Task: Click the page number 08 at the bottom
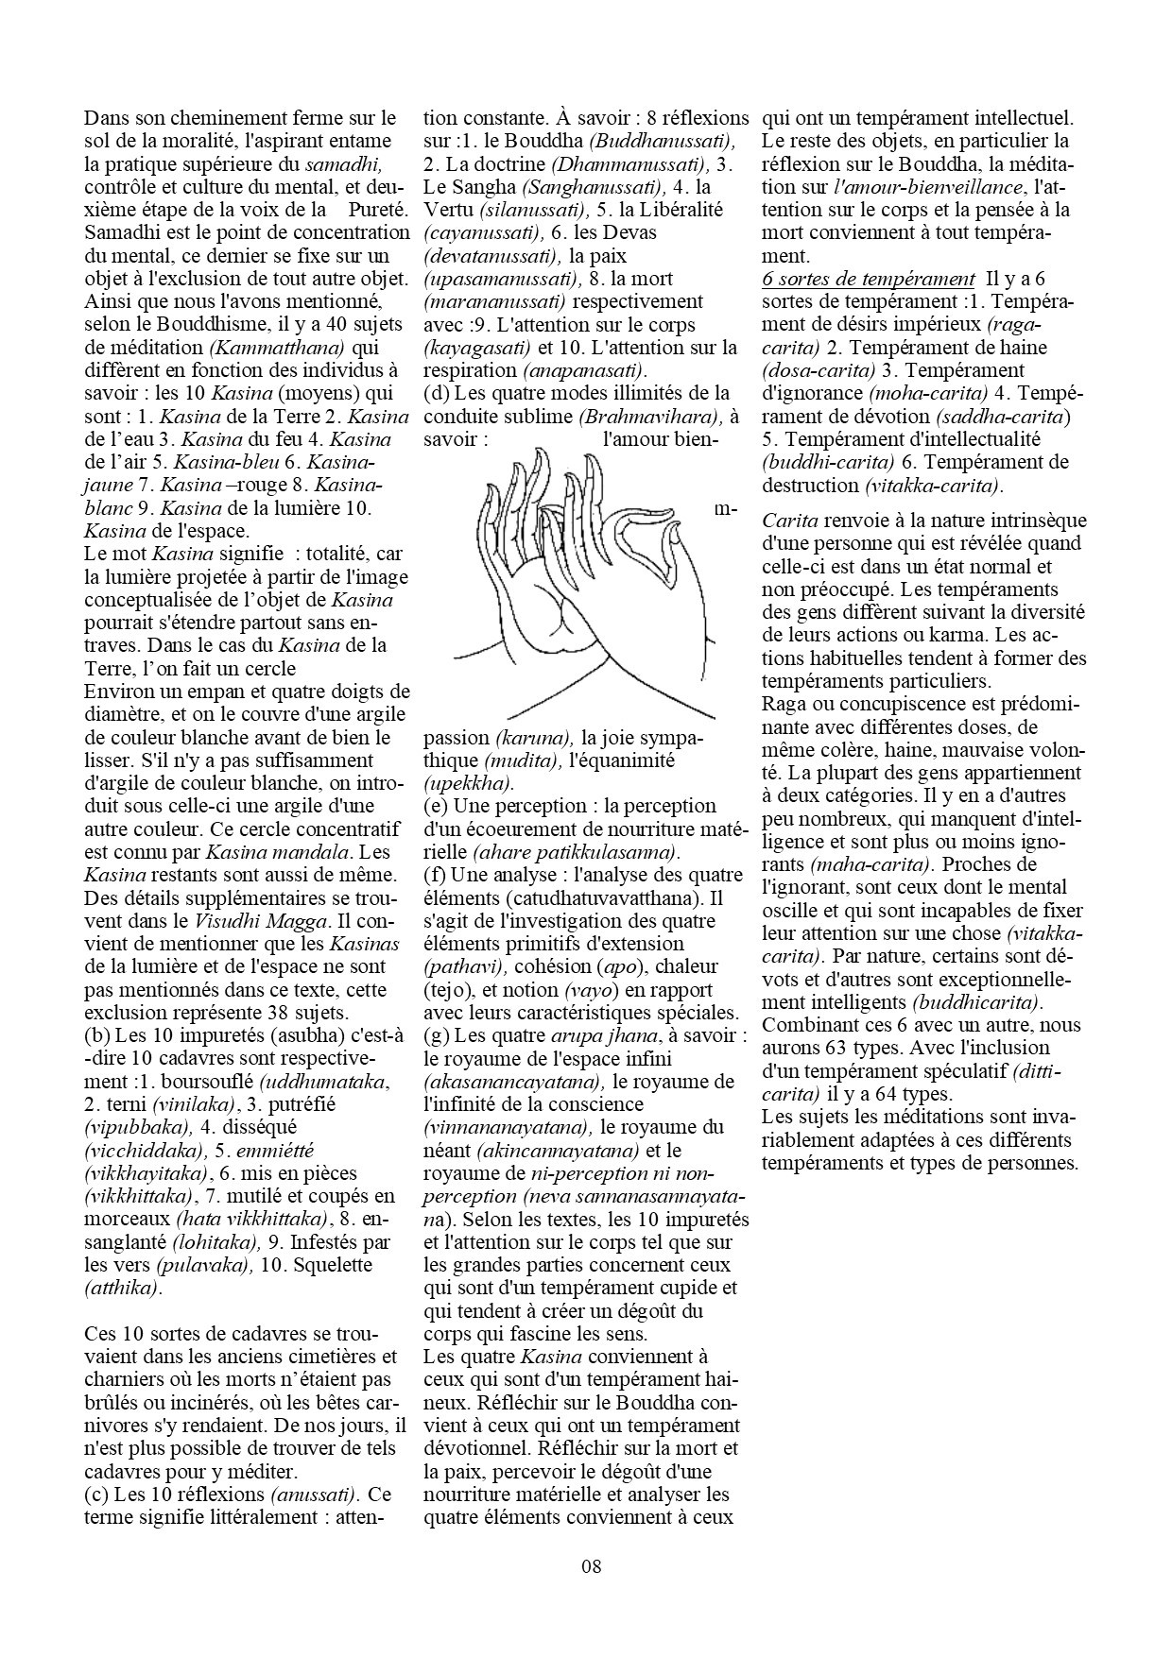[x=592, y=1567]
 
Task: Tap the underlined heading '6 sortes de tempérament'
[x=868, y=279]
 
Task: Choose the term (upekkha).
[x=469, y=783]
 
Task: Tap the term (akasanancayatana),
[x=514, y=1082]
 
